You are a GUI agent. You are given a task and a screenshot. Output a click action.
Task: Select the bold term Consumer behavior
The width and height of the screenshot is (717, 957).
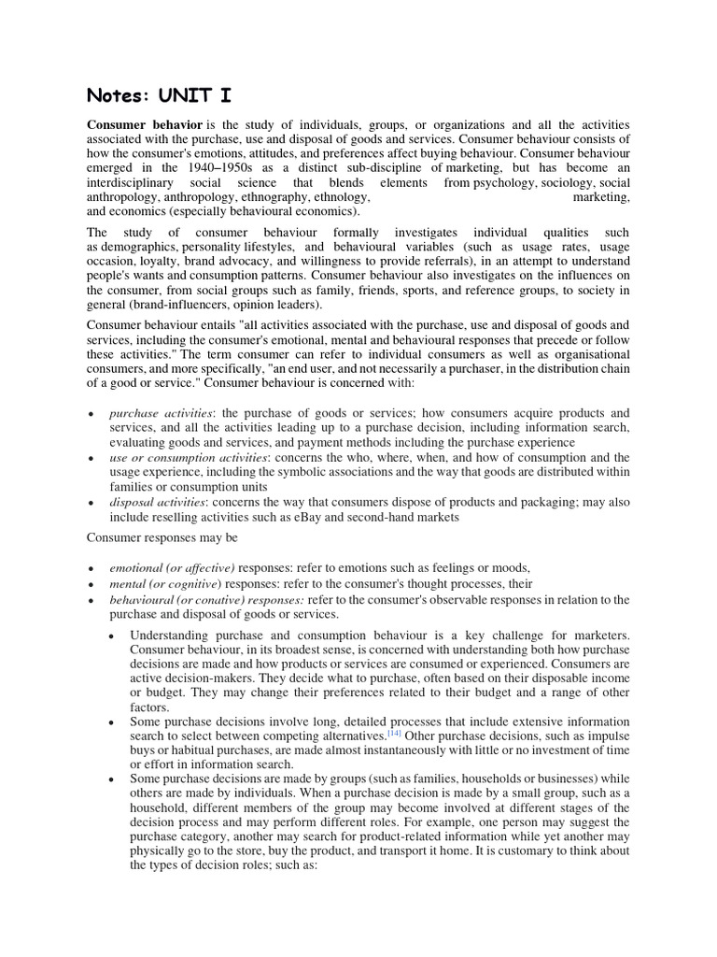144,124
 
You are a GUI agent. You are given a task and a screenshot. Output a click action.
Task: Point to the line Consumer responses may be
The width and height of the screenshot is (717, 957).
163,537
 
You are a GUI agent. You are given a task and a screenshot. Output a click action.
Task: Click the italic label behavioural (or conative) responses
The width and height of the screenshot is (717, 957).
206,599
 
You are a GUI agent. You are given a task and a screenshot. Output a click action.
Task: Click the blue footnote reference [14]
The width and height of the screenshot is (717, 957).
394,735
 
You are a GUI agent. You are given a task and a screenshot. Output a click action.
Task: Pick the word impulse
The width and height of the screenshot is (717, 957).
609,736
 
